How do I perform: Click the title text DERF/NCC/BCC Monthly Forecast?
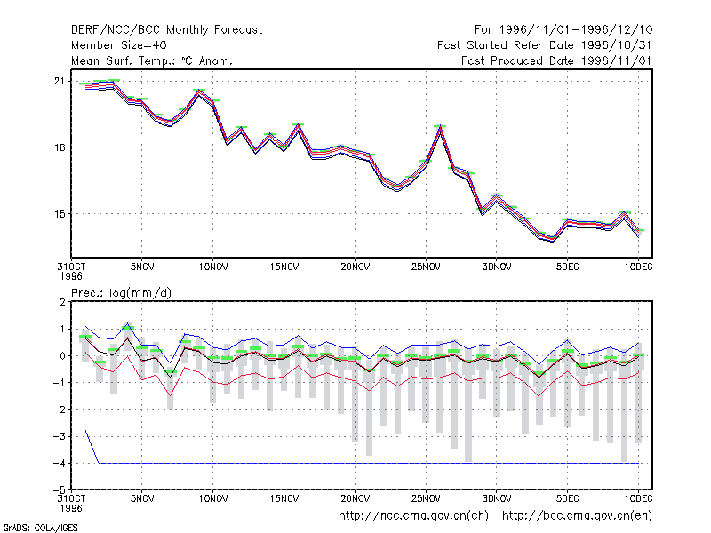[x=166, y=30]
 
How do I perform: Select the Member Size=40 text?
[x=119, y=45]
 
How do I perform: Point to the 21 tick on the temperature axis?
[x=60, y=81]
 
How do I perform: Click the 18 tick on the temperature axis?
[x=60, y=147]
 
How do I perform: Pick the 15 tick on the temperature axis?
[x=60, y=214]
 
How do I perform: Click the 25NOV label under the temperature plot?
[x=426, y=266]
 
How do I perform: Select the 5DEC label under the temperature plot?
[x=567, y=266]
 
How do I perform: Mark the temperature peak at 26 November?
[x=440, y=127]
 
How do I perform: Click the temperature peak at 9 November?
[x=198, y=91]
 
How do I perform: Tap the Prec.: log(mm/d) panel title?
[x=122, y=293]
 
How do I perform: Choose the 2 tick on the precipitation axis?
[x=62, y=302]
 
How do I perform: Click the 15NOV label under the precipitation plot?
[x=284, y=498]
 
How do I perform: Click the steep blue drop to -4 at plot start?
[x=92, y=447]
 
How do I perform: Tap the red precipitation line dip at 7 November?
[x=171, y=394]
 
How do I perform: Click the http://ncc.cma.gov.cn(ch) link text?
[x=413, y=516]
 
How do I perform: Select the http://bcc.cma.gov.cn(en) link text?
[x=577, y=516]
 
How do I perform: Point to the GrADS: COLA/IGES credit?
[x=40, y=528]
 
